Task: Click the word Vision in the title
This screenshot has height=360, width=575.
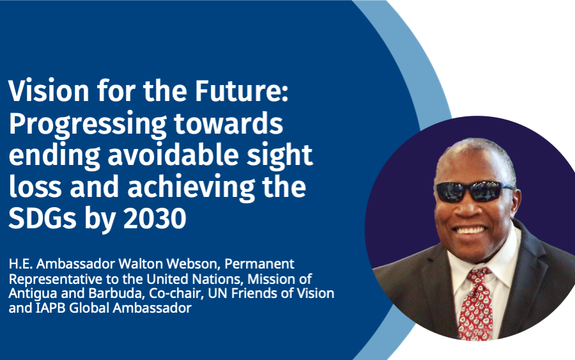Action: [x=49, y=90]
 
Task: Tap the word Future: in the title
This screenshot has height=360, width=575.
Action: [x=241, y=90]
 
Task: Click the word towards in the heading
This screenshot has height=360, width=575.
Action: [x=229, y=123]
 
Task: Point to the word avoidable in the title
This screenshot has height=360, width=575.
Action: [x=173, y=155]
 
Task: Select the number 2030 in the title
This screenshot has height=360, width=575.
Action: [x=155, y=218]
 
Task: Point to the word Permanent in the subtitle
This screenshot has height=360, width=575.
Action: [x=259, y=263]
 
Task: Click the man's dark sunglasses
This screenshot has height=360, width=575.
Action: [x=474, y=191]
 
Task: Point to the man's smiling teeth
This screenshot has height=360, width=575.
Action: [x=470, y=230]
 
